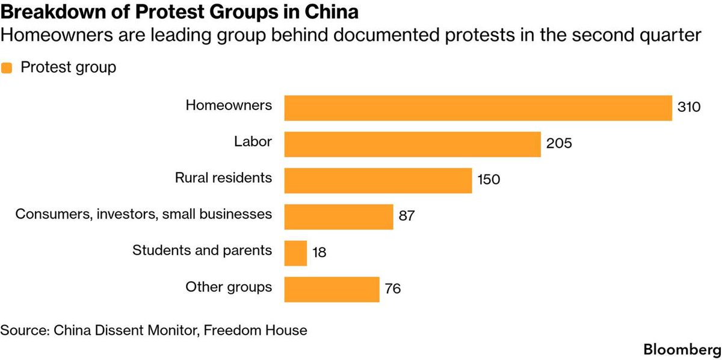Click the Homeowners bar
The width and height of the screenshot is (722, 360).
click(478, 108)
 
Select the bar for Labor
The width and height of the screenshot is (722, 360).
click(413, 144)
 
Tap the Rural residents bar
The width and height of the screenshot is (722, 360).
click(378, 181)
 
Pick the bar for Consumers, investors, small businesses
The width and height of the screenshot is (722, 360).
click(339, 217)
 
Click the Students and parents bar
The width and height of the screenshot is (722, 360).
click(295, 253)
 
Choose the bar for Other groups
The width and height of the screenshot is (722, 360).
click(332, 290)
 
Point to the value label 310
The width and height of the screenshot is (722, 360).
click(689, 107)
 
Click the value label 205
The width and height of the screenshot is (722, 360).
click(559, 143)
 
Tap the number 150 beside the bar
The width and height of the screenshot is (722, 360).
click(489, 179)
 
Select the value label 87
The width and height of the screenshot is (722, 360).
click(407, 216)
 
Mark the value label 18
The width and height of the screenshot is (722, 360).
click(319, 252)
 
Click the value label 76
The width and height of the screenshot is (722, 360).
click(392, 288)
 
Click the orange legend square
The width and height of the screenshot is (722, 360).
click(7, 68)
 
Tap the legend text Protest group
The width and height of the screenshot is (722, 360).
click(69, 67)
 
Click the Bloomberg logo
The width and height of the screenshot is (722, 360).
click(682, 350)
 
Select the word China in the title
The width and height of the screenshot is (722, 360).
click(332, 12)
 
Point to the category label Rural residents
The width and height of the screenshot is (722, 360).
click(223, 178)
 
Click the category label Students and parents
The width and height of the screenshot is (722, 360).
click(202, 250)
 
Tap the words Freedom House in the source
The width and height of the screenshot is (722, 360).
click(255, 331)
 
